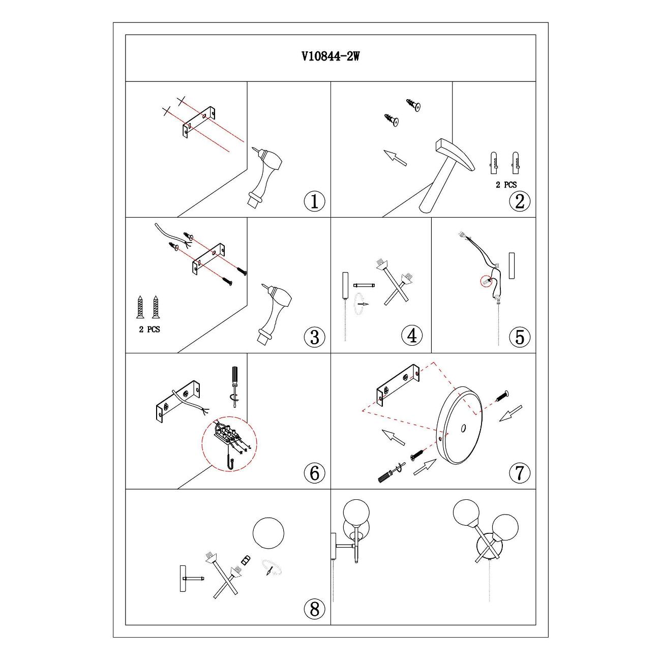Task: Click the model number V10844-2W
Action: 330,56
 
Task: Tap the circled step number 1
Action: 314,201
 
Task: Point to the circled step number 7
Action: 520,473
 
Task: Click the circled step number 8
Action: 314,609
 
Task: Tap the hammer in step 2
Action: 446,175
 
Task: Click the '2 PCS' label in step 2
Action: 506,185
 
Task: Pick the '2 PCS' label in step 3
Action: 149,329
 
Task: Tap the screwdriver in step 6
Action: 234,386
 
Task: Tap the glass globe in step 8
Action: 268,533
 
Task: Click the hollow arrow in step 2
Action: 395,158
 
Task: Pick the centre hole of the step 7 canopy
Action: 463,428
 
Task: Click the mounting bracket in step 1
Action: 199,122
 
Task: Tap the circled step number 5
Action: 520,337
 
